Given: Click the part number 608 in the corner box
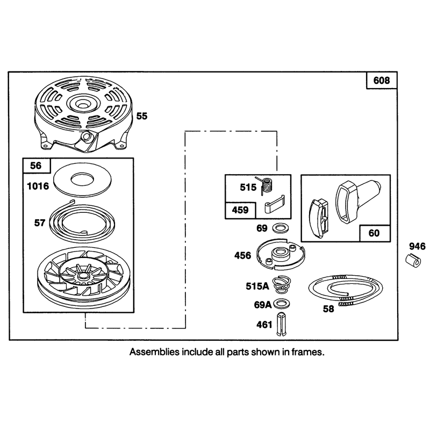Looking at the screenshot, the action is [382, 80].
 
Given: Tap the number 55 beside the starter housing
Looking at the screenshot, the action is [142, 116].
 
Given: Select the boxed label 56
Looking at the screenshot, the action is [36, 166].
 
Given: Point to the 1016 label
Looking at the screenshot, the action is [38, 186].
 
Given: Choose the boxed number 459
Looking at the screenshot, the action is [240, 210].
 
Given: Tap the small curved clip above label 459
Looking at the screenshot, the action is [275, 204].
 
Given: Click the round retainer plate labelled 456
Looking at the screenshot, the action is [281, 254].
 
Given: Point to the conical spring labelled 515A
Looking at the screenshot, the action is [282, 285].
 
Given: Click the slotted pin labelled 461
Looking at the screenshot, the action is [281, 324].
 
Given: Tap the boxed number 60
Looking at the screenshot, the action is [374, 233].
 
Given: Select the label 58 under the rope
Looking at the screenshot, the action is [328, 309].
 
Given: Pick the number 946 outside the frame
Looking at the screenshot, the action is [418, 246].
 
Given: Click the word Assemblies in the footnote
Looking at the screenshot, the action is [154, 352].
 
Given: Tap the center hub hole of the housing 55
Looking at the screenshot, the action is [82, 105].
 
